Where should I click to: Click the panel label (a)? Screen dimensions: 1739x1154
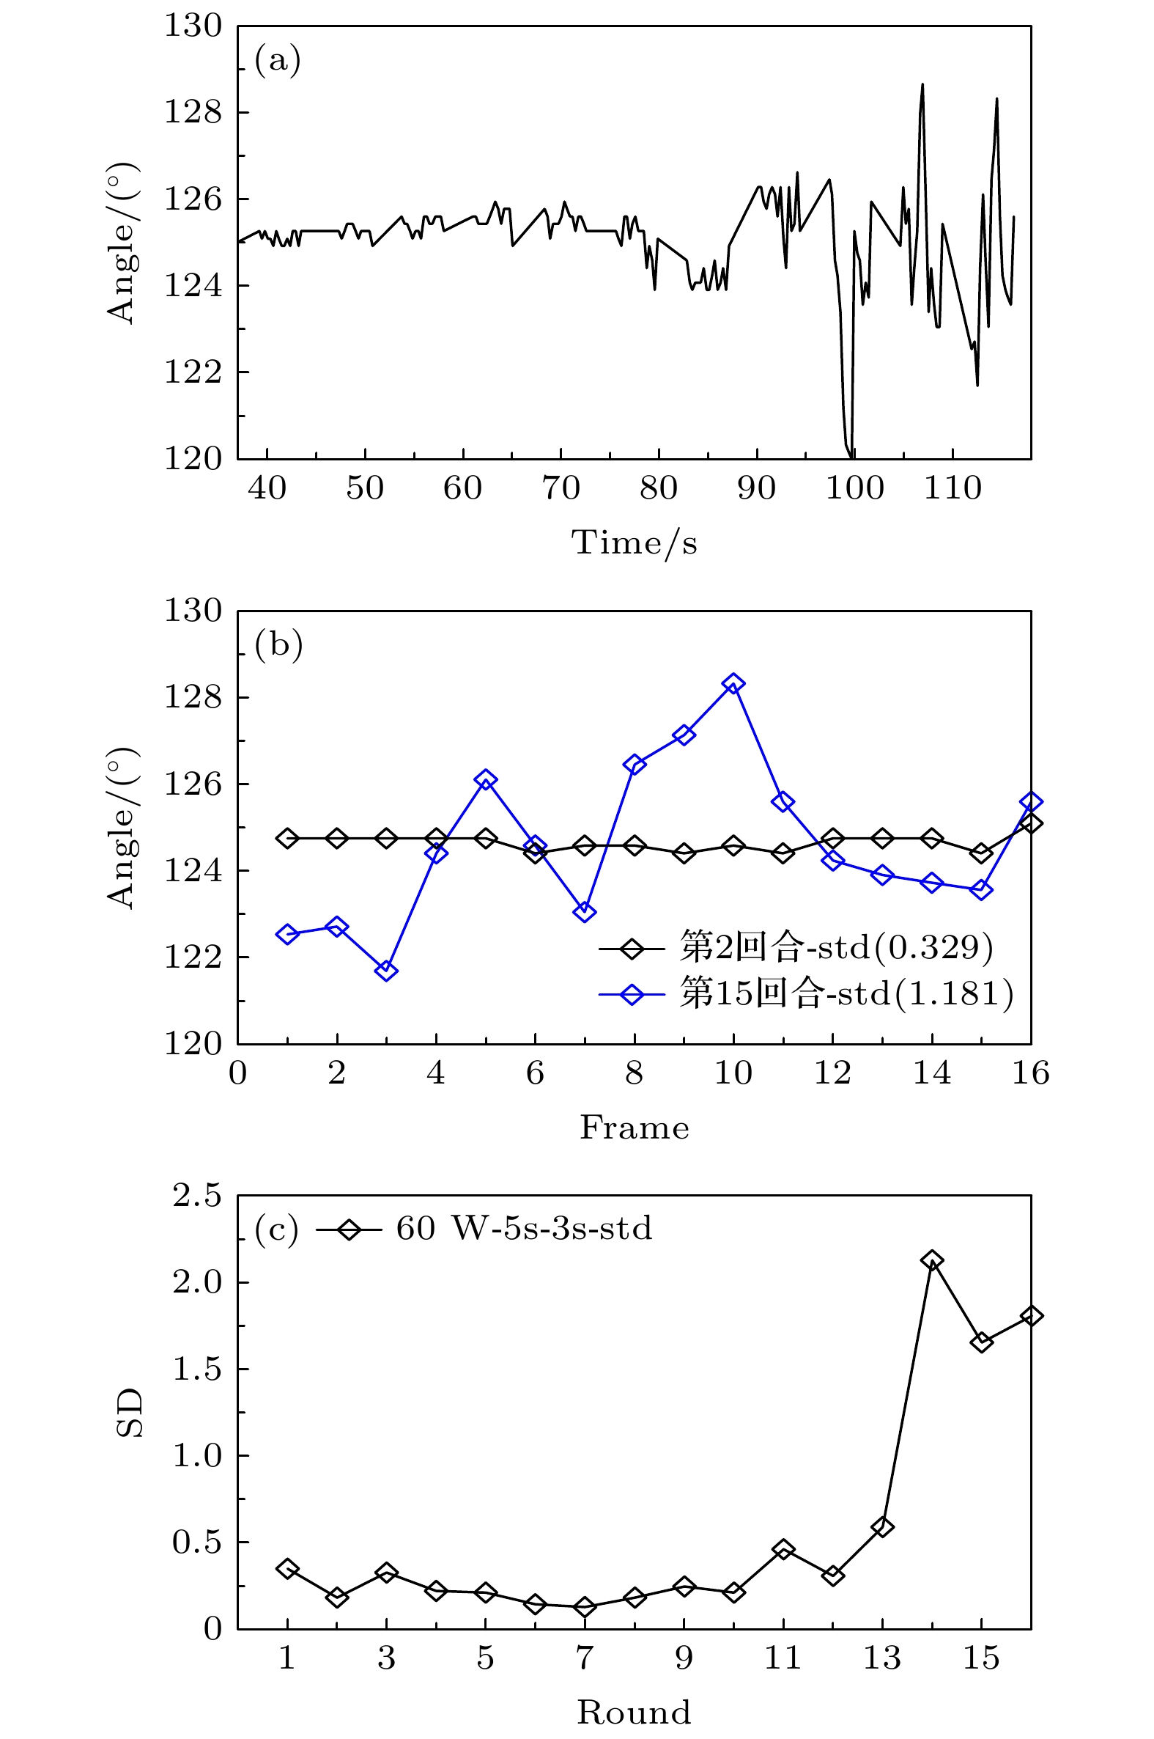point(278,60)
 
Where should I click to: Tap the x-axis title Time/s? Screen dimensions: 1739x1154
point(634,543)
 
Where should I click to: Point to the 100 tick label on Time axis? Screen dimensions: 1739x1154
point(854,488)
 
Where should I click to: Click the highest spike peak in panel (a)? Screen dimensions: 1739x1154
point(922,84)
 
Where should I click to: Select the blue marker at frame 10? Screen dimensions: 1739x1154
point(733,683)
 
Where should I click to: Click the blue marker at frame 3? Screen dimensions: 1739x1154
point(386,971)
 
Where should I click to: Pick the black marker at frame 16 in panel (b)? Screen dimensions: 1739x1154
point(1030,823)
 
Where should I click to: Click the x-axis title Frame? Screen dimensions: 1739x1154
point(634,1128)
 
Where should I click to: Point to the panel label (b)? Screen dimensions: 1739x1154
point(278,644)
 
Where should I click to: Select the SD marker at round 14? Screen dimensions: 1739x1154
point(932,1261)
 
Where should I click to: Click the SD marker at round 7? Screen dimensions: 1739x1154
point(585,1607)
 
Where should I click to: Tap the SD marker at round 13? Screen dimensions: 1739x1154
point(882,1528)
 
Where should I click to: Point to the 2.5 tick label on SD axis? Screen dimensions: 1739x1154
point(196,1196)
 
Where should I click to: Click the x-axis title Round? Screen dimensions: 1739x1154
point(634,1713)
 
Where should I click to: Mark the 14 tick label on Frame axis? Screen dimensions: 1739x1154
point(932,1073)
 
